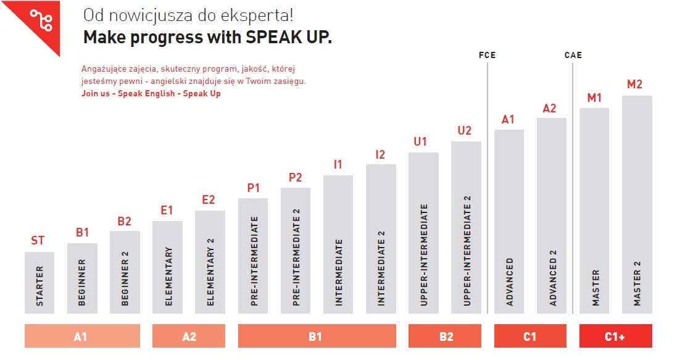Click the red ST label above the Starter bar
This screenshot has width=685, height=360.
pos(38,240)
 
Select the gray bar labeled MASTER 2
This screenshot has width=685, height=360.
pos(637,204)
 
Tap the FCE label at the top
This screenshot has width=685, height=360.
pos(487,56)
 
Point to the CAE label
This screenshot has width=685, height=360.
pos(573,56)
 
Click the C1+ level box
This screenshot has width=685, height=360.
pos(615,337)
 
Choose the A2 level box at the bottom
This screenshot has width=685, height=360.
pos(189,337)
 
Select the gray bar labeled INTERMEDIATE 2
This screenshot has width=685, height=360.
pos(381,238)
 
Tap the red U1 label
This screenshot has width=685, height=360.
pos(420,141)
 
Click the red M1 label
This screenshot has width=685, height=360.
pos(594,98)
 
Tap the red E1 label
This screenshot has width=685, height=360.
pos(167,210)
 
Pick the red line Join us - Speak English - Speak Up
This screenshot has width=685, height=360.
pos(151,94)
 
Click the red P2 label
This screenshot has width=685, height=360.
pos(296,177)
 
